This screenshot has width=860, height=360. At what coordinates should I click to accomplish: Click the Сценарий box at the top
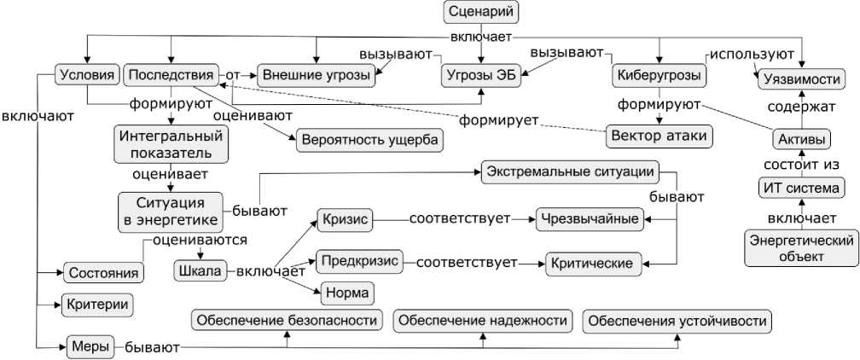coord(482,13)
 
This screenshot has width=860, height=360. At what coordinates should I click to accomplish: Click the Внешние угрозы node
coord(317,76)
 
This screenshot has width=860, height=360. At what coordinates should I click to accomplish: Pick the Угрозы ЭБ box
coord(479,76)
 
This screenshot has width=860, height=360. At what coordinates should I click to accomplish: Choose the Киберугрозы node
coord(659,76)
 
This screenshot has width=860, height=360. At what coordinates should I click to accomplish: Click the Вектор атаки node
coord(660,136)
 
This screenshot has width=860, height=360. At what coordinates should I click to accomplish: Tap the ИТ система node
coord(802,188)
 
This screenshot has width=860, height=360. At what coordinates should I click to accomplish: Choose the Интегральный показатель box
coord(171,144)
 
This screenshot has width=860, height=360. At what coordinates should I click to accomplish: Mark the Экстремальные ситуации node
coord(571,171)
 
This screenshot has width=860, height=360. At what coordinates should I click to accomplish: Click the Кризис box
coord(346,219)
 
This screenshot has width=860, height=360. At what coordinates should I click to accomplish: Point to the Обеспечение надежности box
coord(483,321)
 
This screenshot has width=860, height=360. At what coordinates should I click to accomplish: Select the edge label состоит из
coord(802,163)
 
